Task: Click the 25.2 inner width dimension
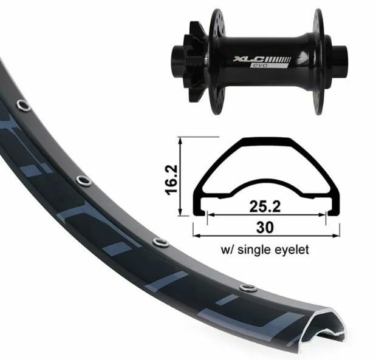[265, 206]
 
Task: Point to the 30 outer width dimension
[265, 227]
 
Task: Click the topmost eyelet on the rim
[23, 105]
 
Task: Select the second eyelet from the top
[84, 180]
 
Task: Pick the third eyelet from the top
[161, 243]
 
